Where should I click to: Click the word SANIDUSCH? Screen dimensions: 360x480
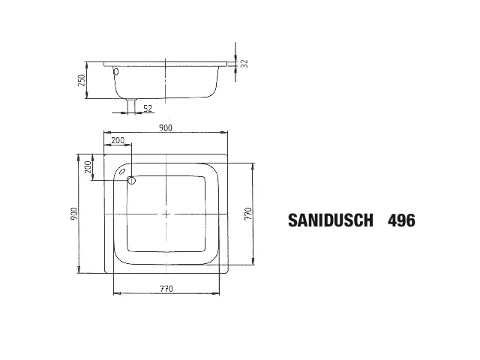330,220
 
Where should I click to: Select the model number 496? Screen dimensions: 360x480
400,220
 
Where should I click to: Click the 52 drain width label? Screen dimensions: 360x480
147,109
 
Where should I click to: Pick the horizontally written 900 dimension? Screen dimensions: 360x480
166,128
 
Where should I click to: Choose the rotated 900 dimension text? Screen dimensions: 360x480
73,214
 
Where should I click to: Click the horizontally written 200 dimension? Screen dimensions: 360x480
118,141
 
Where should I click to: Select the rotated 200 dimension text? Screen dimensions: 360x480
88,167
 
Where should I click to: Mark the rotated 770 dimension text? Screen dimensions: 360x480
248,214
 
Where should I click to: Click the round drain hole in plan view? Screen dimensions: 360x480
131,180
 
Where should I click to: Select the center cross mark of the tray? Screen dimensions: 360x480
166,214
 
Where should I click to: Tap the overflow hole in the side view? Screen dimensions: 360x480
115,72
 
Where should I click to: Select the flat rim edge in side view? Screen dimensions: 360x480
165,61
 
